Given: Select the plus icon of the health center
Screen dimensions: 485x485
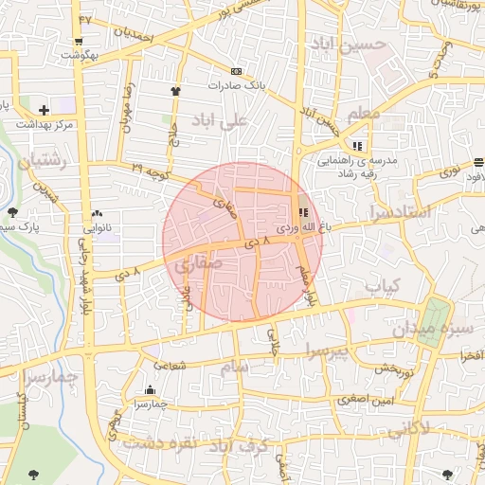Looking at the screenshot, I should (x=44, y=110).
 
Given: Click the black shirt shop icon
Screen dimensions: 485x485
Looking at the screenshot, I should (x=174, y=91).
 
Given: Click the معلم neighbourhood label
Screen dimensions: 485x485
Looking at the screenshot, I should (x=364, y=115).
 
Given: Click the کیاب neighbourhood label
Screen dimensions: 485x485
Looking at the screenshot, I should (x=384, y=285).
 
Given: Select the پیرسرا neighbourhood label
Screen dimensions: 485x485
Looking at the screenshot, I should (x=327, y=352).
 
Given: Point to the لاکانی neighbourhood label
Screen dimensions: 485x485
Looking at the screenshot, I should (x=408, y=428).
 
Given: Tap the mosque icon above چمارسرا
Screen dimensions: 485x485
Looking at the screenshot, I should (x=150, y=390).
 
